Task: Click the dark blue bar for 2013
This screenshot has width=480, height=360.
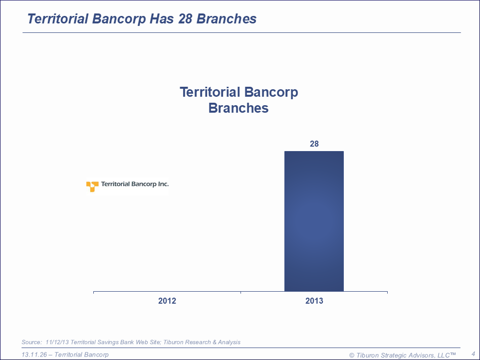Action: [314, 221]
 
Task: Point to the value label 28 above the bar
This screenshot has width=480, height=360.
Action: [314, 144]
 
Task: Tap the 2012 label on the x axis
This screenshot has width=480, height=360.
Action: [167, 301]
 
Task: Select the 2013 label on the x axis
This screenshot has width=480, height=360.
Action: [314, 301]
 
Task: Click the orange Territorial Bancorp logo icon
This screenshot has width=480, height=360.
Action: [92, 186]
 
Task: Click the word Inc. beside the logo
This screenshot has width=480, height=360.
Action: [163, 184]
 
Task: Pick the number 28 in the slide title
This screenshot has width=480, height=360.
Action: [185, 19]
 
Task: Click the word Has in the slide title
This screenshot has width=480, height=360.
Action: [162, 19]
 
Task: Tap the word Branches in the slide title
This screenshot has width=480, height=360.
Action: [226, 19]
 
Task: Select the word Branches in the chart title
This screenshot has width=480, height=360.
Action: [239, 108]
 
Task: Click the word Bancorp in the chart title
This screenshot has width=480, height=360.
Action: [271, 93]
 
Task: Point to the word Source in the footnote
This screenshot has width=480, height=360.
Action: [31, 342]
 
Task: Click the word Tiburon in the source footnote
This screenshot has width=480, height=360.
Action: [174, 342]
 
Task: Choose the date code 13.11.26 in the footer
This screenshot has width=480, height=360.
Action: [34, 355]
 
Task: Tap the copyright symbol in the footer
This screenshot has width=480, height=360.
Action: [352, 356]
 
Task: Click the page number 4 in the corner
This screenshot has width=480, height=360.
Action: [474, 354]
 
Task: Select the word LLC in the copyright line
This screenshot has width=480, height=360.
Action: [444, 355]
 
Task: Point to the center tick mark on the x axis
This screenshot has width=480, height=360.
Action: [240, 292]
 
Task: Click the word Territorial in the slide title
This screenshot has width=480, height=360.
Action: [58, 19]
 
